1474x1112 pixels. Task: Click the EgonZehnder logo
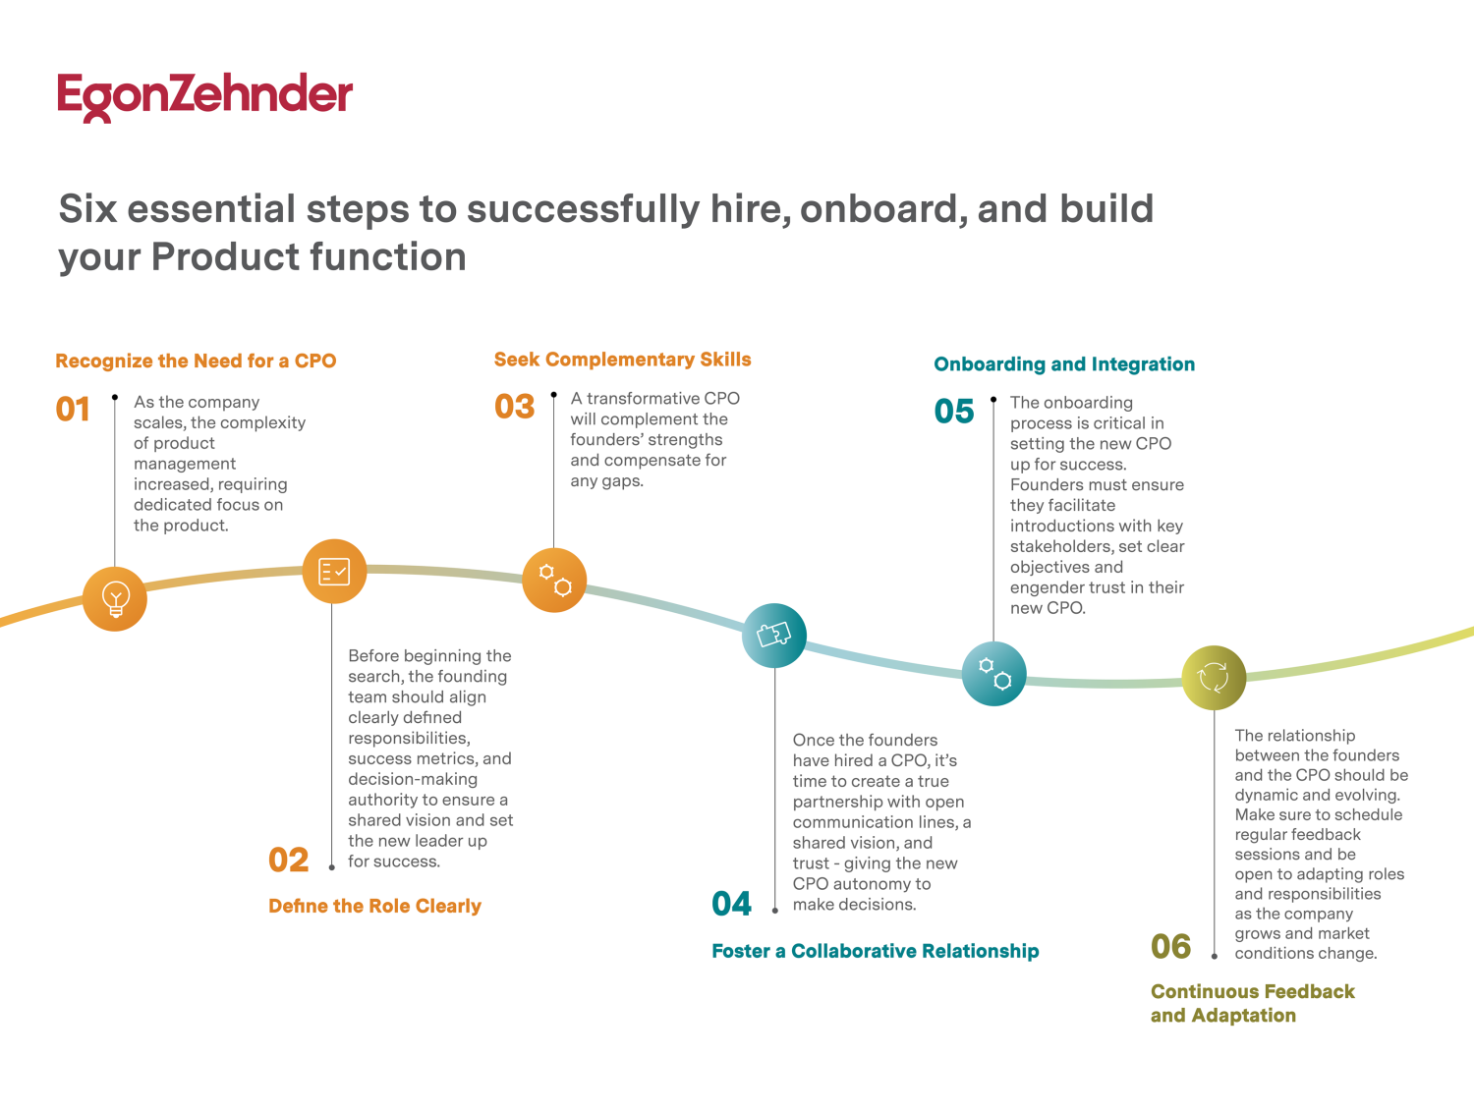coord(204,96)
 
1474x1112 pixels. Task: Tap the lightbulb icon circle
coord(115,598)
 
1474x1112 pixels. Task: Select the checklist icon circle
coord(334,571)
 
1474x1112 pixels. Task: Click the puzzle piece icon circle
coord(774,635)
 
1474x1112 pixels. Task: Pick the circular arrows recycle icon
coord(1214,677)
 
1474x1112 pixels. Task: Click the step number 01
coord(73,409)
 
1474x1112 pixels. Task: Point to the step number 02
coord(289,860)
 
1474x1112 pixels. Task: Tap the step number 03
coord(515,407)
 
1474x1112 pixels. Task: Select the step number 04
coord(732,904)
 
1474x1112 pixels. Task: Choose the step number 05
coord(954,412)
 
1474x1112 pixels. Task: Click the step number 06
coord(1171,947)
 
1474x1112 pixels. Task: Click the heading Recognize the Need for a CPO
coord(196,361)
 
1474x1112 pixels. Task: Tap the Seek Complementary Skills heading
coord(622,360)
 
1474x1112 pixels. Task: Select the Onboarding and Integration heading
coord(1064,364)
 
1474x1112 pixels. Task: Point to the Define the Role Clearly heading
coord(374,906)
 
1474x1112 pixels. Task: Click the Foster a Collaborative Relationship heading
coord(875,951)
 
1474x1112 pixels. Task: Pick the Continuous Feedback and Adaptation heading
coord(1252,1003)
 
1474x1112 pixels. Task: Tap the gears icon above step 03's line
coord(554,580)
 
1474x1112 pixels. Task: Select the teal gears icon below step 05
coord(993,674)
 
